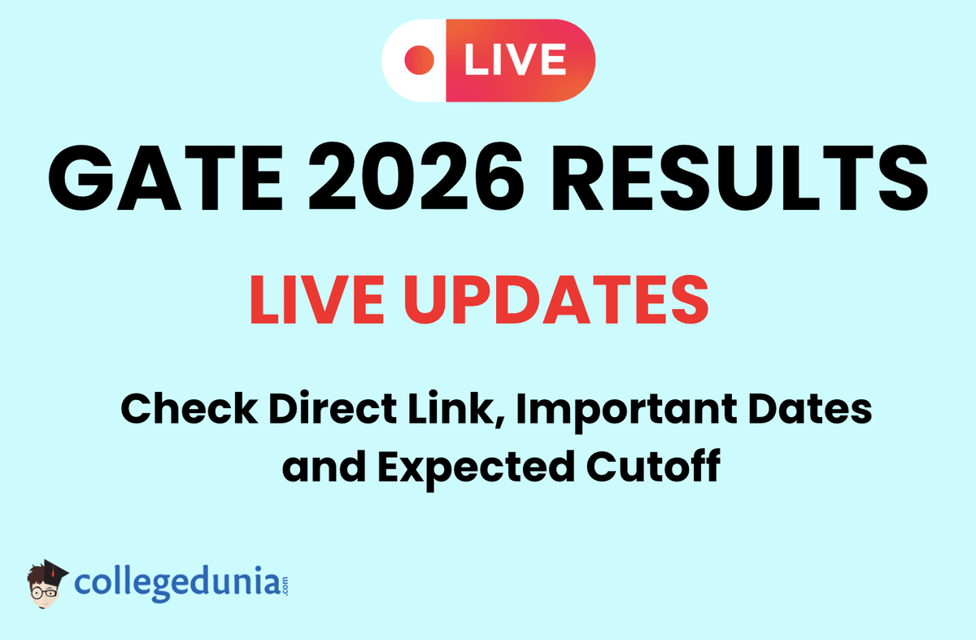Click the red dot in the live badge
tap(421, 59)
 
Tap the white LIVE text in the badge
tap(515, 60)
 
